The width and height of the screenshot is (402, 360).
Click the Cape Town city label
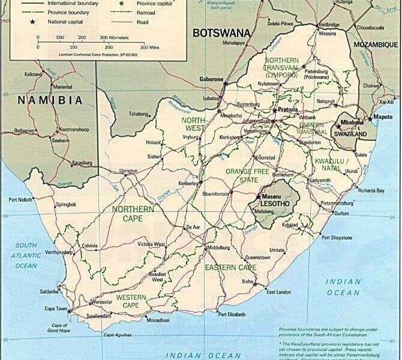point(58,308)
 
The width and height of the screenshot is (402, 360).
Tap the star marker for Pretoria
point(274,110)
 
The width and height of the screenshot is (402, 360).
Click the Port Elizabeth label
point(232,314)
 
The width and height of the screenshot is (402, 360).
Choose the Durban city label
point(341,213)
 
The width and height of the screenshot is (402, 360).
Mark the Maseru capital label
point(272,196)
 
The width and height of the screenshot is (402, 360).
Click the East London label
point(279,292)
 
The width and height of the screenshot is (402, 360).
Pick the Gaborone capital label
point(211,79)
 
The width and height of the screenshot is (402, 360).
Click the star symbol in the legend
point(33,21)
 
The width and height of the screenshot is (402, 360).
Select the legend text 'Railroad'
point(146,12)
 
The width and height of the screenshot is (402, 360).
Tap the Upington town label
point(128,170)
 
